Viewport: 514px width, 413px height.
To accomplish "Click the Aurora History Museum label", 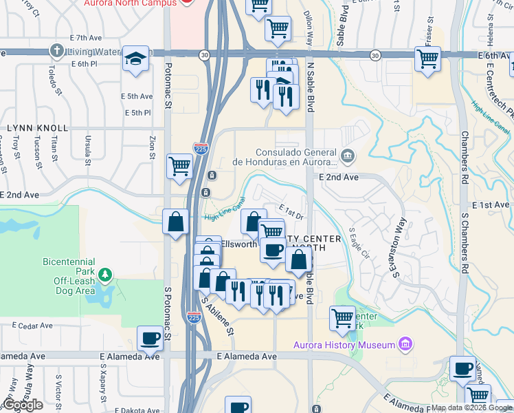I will [x=344, y=344].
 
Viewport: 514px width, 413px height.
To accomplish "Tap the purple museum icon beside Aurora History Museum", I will [x=405, y=343].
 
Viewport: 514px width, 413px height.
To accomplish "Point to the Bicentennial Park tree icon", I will [x=104, y=275].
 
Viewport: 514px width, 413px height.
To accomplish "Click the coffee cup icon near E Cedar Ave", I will [x=150, y=338].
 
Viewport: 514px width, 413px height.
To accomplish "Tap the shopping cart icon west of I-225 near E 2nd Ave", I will [x=179, y=165].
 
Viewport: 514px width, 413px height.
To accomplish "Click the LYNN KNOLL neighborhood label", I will [x=37, y=128].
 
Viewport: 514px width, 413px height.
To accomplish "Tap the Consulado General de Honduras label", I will [x=295, y=158].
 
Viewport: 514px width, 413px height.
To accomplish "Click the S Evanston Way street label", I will [x=399, y=248].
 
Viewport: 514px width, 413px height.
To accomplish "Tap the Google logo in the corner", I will [x=22, y=405].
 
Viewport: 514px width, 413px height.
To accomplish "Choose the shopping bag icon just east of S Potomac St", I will [x=176, y=222].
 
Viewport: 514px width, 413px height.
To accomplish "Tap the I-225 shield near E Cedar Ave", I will [x=194, y=317].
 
